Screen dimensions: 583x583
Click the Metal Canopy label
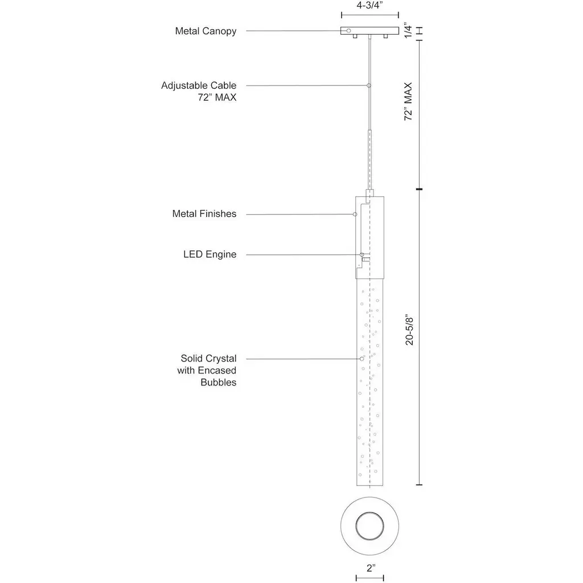pyautogui.click(x=206, y=31)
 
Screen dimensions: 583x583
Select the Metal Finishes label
pyautogui.click(x=204, y=214)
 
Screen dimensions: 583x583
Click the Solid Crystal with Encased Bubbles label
pyautogui.click(x=208, y=370)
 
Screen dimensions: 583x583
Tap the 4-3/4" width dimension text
pyautogui.click(x=369, y=5)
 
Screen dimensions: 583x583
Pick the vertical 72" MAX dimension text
pyautogui.click(x=408, y=101)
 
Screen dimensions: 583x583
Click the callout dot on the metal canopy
pyautogui.click(x=348, y=30)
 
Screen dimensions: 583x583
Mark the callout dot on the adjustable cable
pyautogui.click(x=369, y=85)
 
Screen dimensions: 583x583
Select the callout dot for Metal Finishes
pyautogui.click(x=355, y=214)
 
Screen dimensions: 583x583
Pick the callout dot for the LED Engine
pyautogui.click(x=361, y=254)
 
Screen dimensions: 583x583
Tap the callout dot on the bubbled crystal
pyautogui.click(x=362, y=359)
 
